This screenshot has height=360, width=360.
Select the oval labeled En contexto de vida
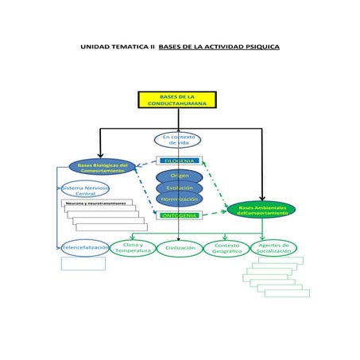(x=178, y=140)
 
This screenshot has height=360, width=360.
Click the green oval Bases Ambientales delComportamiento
(x=262, y=210)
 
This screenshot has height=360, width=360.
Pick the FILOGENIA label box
(x=179, y=161)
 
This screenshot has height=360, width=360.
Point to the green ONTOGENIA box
(x=179, y=215)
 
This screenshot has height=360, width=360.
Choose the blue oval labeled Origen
(x=179, y=176)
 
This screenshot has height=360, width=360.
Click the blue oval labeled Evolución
(x=179, y=188)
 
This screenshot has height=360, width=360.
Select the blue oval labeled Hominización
(x=179, y=199)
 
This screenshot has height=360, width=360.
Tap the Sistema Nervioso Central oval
(x=85, y=190)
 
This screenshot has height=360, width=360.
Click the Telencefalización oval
(x=85, y=248)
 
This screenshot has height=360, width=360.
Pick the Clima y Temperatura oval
(x=133, y=248)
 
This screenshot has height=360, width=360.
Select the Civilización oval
(x=180, y=249)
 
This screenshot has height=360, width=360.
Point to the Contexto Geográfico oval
(x=227, y=249)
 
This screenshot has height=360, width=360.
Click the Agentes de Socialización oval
(x=273, y=248)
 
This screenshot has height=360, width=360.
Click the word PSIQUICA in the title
(x=259, y=47)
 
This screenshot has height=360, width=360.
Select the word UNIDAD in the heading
(x=95, y=47)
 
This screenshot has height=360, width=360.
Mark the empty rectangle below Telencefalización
(x=83, y=264)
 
